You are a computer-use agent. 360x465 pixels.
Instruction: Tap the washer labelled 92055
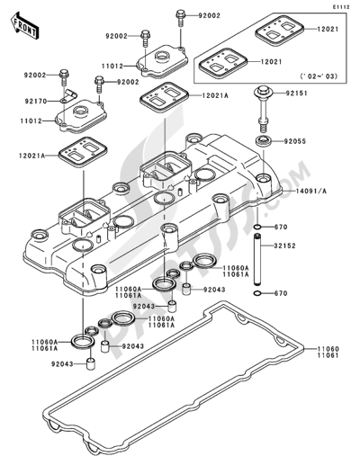coord(264,141)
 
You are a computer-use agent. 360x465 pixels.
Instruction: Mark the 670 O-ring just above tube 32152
coord(258,227)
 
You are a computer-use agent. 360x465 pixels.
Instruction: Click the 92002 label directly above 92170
coord(36,74)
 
